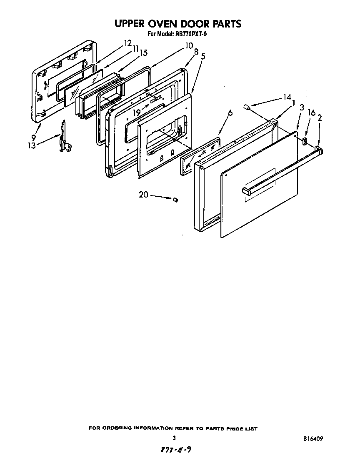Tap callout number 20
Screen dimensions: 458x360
[x=143, y=195]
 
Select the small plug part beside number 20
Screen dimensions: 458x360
[x=175, y=200]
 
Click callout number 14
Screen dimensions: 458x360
[x=287, y=97]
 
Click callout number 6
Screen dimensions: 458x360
[x=230, y=113]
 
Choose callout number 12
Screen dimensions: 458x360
[x=127, y=43]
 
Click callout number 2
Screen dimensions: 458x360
[x=320, y=118]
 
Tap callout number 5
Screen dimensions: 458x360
[x=202, y=56]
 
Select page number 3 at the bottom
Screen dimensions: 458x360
[x=174, y=438]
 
